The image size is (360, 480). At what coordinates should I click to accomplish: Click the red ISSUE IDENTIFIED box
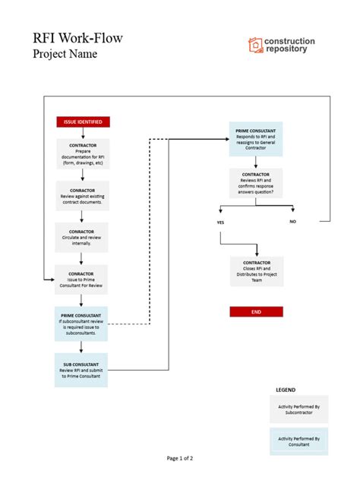[82, 122]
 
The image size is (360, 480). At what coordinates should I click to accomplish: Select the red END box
[256, 311]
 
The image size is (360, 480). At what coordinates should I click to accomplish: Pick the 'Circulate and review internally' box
[82, 237]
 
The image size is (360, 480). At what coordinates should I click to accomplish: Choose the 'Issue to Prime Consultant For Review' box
[82, 279]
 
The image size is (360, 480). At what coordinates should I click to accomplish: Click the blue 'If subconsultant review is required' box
[82, 322]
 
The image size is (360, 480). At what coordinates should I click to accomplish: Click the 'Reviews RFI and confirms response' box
[256, 183]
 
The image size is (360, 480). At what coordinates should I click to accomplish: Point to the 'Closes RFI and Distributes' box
[256, 271]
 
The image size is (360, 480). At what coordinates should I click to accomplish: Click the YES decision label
[220, 223]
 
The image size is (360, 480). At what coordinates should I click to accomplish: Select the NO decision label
[292, 221]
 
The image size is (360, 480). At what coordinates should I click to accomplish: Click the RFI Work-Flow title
[77, 37]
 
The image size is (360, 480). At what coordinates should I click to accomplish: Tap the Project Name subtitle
[65, 55]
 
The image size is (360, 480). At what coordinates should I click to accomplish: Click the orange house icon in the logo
[255, 46]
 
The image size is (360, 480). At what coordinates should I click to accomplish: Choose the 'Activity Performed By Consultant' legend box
[298, 441]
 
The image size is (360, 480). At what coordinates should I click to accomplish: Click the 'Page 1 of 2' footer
[180, 459]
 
